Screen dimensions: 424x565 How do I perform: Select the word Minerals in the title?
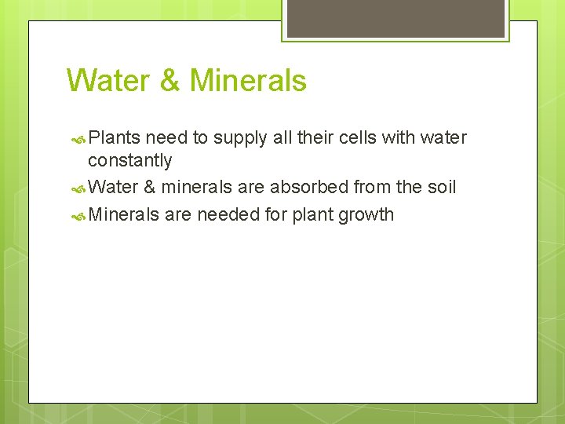point(248,81)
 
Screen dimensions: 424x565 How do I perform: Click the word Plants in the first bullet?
point(115,138)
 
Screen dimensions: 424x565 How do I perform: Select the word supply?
point(240,139)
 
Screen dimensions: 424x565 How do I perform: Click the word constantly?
point(129,161)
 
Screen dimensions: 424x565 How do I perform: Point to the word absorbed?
point(309,188)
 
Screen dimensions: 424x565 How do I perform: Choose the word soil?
point(441,188)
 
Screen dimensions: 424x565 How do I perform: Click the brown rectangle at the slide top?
point(395,17)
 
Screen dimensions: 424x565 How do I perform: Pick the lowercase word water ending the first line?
point(443,138)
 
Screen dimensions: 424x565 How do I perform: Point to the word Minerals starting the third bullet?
point(124,214)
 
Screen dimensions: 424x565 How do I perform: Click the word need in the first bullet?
point(166,138)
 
